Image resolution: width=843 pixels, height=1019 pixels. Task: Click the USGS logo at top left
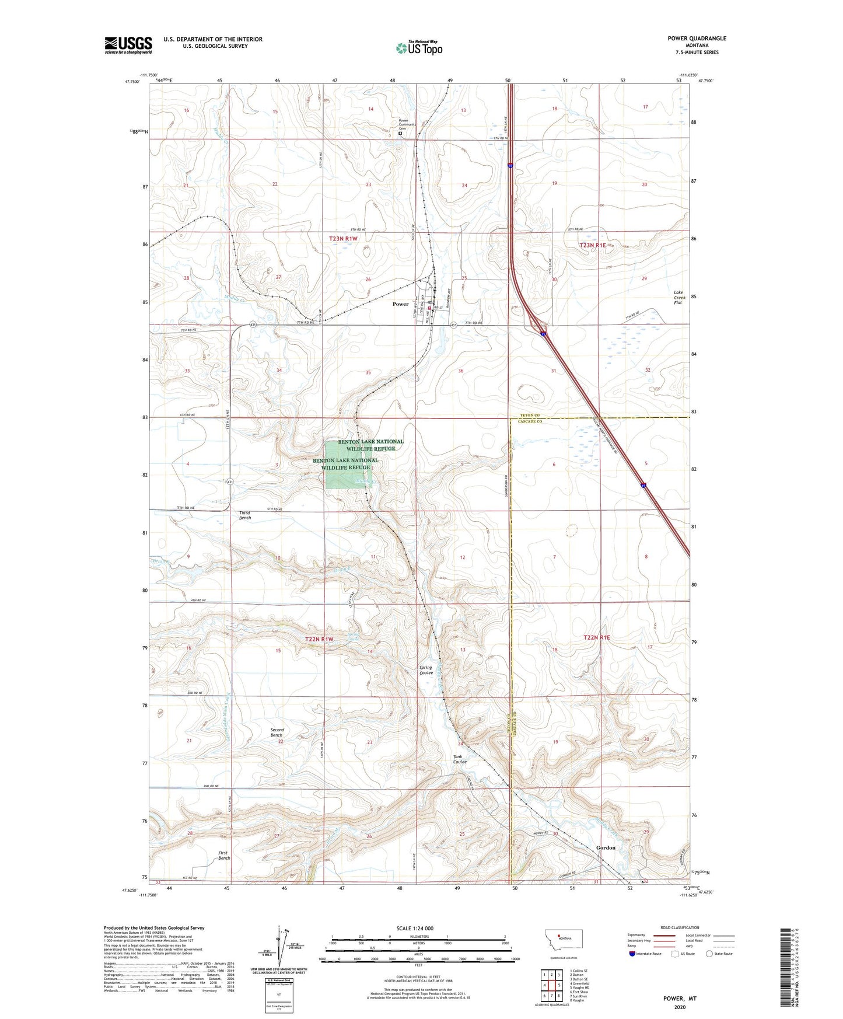[x=128, y=45]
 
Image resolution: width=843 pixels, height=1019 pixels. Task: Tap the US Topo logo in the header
[x=418, y=48]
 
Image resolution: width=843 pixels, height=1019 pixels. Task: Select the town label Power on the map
[x=400, y=304]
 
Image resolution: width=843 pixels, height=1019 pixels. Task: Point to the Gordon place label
[x=606, y=847]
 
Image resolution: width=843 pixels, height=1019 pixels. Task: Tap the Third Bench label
[x=245, y=515]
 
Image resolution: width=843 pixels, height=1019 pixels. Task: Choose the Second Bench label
[x=277, y=732]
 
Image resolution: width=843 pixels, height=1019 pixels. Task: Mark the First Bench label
[x=223, y=856]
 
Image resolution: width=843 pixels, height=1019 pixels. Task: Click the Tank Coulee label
[x=461, y=759]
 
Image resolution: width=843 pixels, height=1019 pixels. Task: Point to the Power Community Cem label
[x=407, y=124]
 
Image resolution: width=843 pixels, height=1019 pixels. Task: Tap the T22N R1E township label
[x=596, y=638]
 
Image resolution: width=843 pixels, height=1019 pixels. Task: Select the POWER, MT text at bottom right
[x=680, y=998]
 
